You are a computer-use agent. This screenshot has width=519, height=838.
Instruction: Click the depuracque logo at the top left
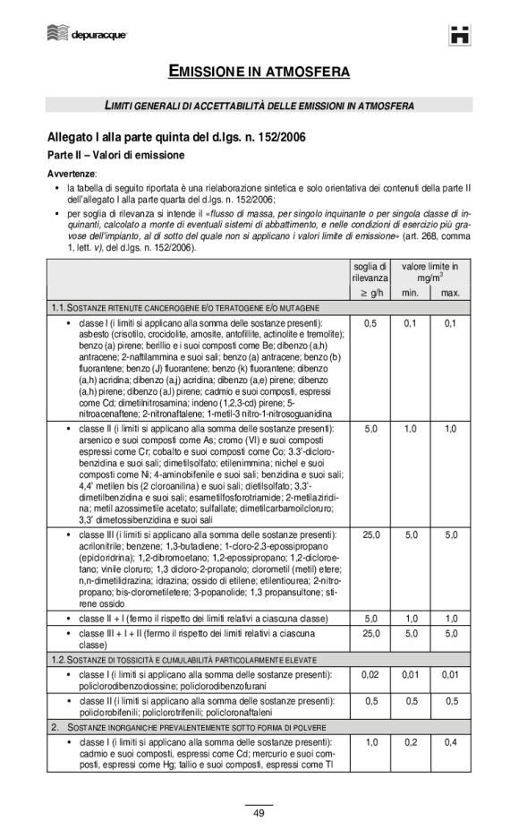coord(86,34)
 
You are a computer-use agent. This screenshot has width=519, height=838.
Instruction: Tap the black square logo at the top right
coord(461,34)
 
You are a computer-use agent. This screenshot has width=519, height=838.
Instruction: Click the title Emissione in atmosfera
coord(259,70)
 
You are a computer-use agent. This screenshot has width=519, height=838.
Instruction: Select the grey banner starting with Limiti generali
coord(259,106)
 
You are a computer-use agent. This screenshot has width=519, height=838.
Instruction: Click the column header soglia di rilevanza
coord(370,272)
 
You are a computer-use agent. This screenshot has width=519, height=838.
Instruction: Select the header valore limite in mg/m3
coord(430,272)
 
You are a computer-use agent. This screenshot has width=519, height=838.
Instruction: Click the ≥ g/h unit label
coord(370,293)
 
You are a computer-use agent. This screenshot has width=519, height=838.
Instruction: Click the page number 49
coord(259,813)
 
